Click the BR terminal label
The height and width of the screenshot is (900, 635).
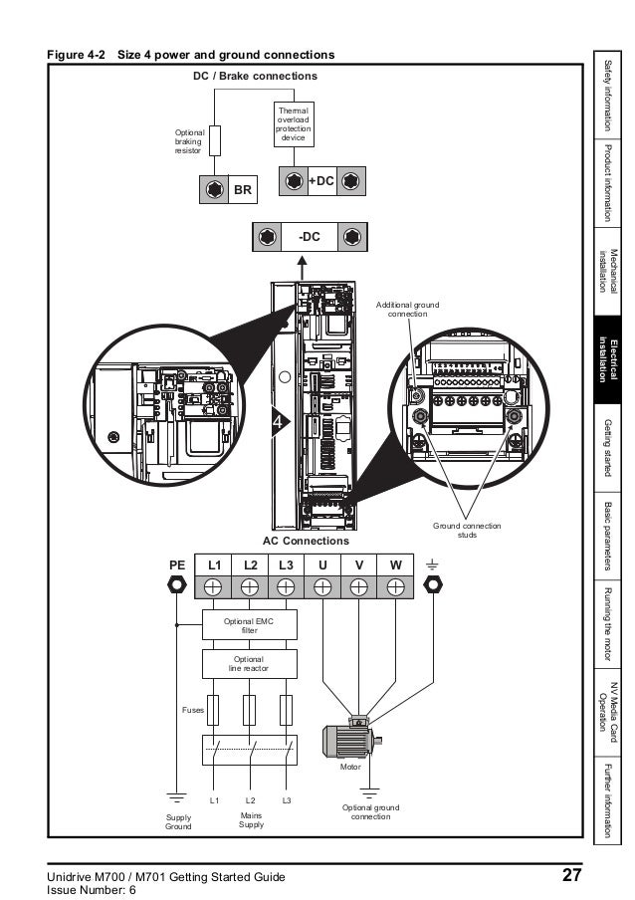[243, 189]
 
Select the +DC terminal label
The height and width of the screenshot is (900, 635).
[320, 180]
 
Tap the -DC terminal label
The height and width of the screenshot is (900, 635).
[310, 237]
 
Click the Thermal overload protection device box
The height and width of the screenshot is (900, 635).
[293, 124]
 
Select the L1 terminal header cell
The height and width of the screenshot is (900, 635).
[213, 565]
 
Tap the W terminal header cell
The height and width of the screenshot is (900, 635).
[395, 565]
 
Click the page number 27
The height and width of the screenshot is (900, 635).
[570, 876]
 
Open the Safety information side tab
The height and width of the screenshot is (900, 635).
[608, 97]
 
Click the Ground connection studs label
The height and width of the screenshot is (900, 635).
[467, 530]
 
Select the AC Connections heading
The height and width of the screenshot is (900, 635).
[306, 541]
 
